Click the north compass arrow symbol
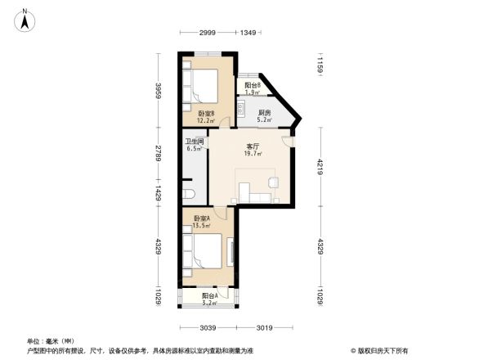click(26, 18)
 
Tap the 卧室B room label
click(206, 114)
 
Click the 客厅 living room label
click(254, 147)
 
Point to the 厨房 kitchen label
click(264, 113)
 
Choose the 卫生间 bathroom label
click(193, 141)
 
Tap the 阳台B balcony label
click(253, 85)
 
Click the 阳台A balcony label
click(209, 297)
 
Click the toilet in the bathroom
click(190, 192)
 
